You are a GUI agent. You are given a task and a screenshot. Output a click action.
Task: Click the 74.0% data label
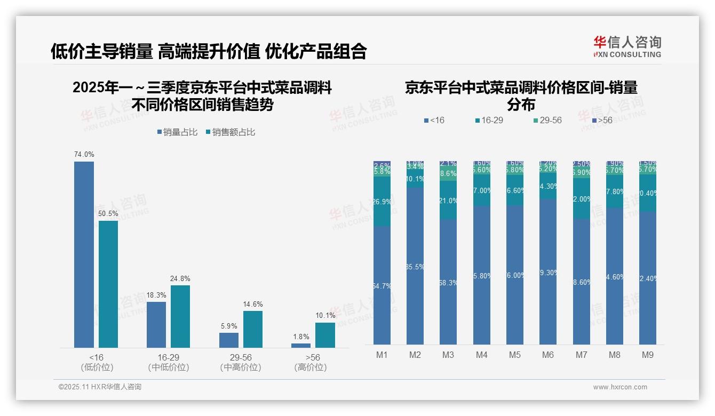84,155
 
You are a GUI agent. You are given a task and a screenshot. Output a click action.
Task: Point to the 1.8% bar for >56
301,346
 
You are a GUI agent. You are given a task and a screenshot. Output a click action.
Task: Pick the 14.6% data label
252,305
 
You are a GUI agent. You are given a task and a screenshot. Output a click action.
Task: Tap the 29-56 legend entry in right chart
547,121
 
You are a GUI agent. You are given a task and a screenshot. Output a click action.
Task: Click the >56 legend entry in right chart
601,121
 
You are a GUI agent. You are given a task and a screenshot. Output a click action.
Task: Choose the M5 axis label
514,355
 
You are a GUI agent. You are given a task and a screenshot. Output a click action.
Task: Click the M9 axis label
647,355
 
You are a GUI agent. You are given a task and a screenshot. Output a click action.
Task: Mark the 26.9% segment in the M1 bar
382,202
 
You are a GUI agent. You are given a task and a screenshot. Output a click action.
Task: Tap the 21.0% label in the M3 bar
448,201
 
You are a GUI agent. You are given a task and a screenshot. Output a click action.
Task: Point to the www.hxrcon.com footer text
619,387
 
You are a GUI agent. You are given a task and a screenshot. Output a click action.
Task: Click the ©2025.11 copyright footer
100,387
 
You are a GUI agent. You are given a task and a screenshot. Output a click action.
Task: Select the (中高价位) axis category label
240,367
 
